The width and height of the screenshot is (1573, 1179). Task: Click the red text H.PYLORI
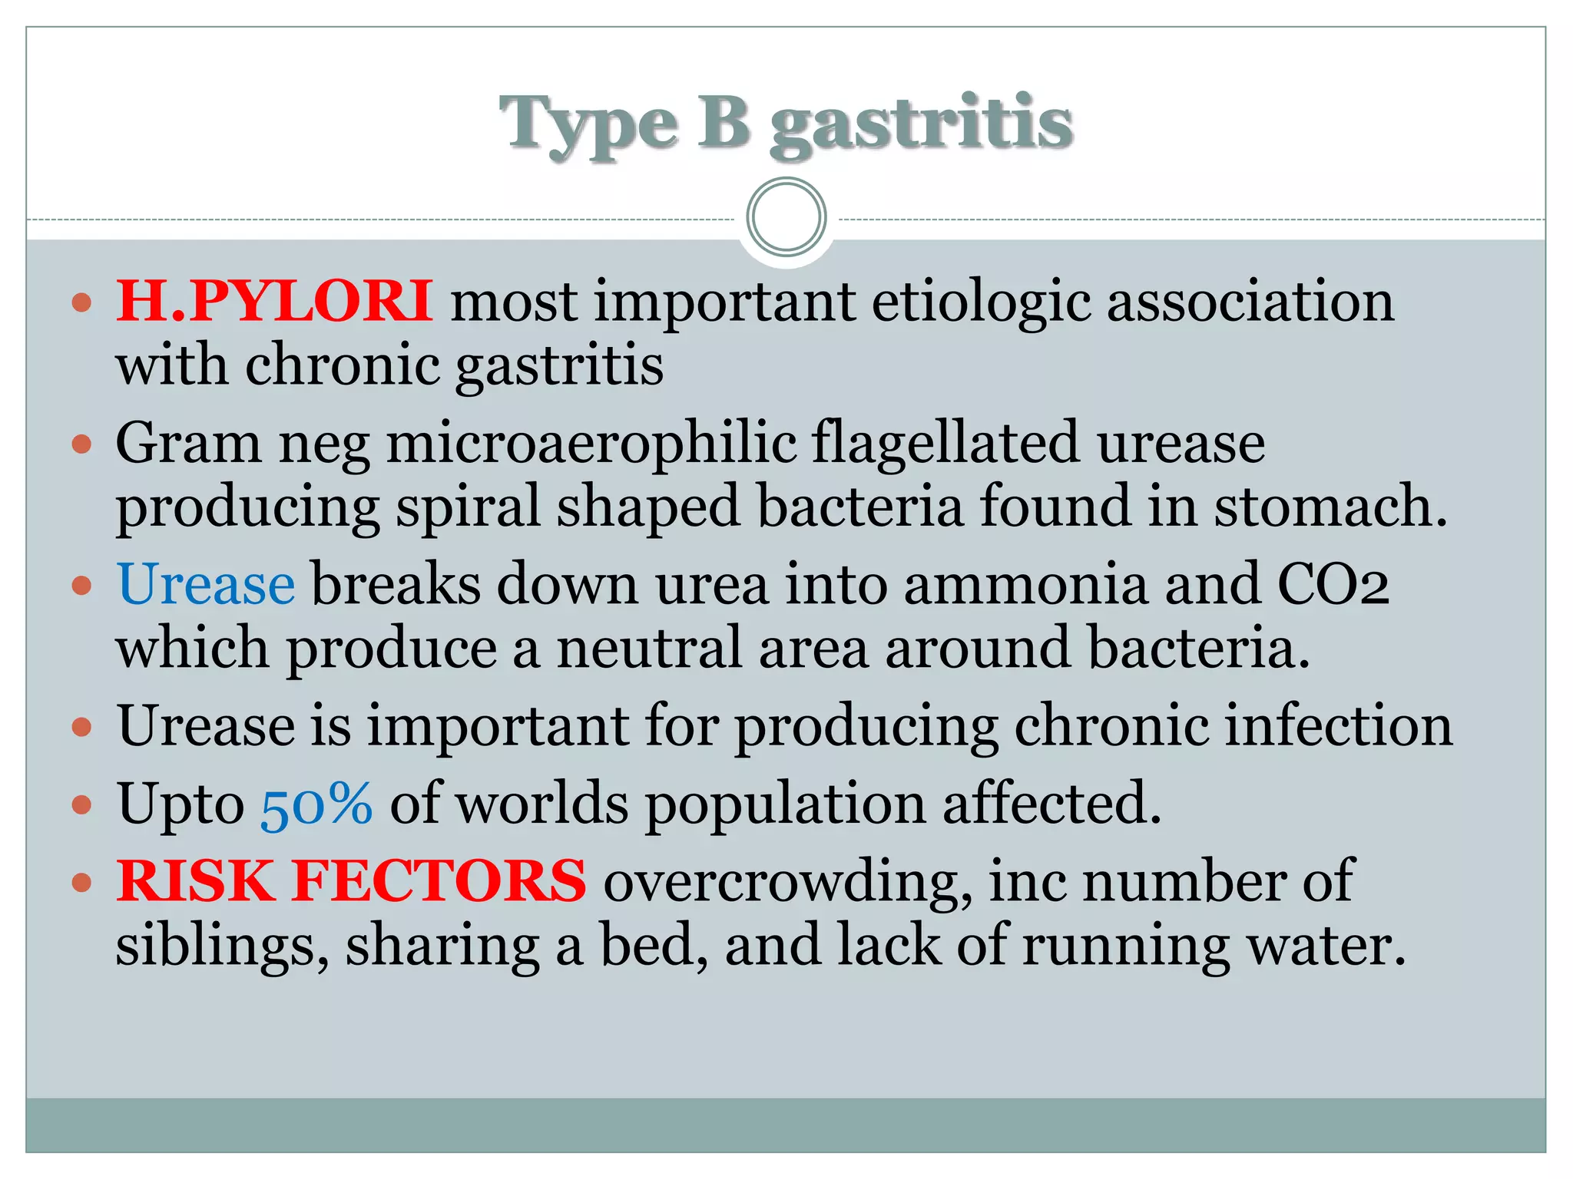click(x=273, y=301)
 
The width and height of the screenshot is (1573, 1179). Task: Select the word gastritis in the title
click(x=921, y=125)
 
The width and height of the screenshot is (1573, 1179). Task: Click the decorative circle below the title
click(x=786, y=216)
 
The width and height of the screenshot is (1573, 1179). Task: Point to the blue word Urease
click(x=206, y=584)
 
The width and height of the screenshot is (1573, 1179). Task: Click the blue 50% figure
click(x=317, y=804)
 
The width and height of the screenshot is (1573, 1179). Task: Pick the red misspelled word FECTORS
click(x=439, y=880)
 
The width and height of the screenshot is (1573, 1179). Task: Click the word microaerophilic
click(x=591, y=443)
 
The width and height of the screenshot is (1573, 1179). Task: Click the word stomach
click(x=1329, y=507)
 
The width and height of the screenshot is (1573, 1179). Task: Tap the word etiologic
click(x=980, y=301)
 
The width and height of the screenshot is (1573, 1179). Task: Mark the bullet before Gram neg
click(x=81, y=444)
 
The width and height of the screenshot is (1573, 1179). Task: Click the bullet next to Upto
click(x=81, y=804)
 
